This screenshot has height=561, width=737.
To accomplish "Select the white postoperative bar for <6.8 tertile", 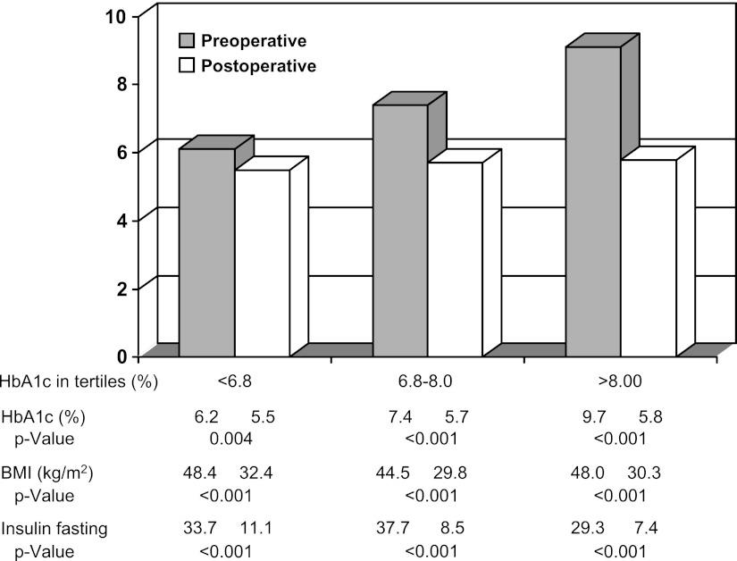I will pos(262,263).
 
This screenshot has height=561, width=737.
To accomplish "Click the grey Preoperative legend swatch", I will pos(187,41).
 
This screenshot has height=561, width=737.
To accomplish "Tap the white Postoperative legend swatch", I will pos(187,65).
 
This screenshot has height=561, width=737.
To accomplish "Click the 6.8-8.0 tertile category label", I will pos(427,383).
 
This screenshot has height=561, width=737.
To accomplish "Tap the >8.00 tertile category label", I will pos(621,383).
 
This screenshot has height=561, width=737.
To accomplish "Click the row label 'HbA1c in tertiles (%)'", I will pos(80,383).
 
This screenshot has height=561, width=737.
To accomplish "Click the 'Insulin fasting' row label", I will pos(54,528).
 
